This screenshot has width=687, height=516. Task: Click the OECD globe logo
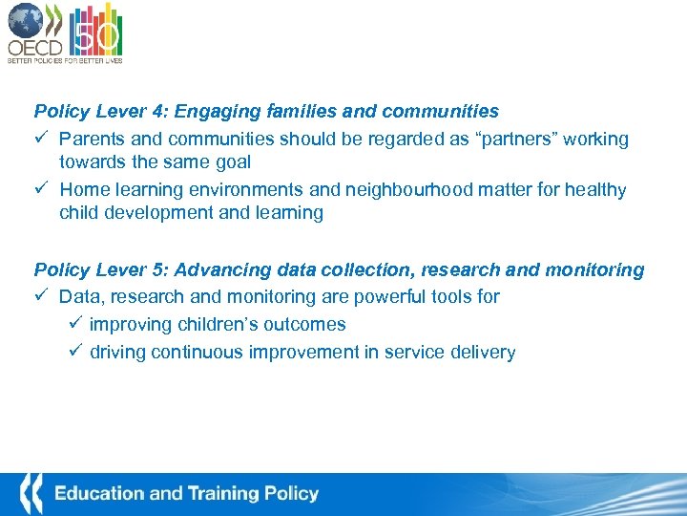(25, 20)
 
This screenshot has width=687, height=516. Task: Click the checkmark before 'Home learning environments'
(41, 189)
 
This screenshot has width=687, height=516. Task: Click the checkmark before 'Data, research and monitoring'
(41, 297)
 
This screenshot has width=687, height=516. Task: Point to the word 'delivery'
(484, 353)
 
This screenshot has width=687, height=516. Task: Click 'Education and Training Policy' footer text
(186, 494)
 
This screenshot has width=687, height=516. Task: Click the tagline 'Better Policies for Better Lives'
(65, 59)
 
